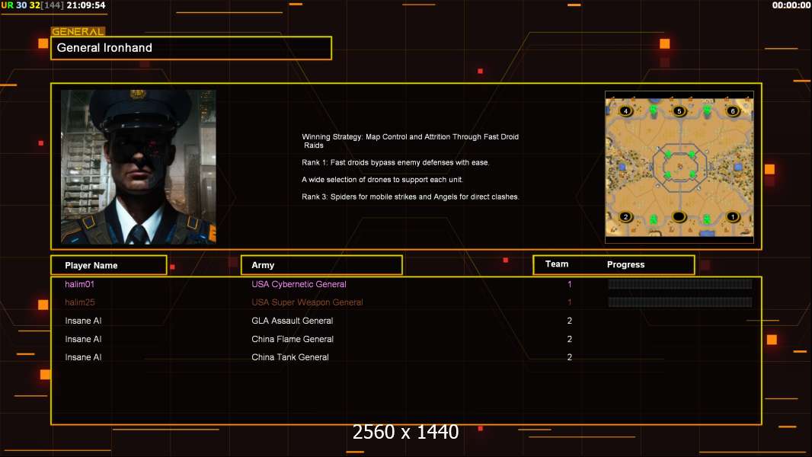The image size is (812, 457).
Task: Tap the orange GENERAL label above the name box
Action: tap(78, 32)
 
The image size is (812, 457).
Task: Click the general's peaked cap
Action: tap(138, 109)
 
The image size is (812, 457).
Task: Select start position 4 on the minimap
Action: tap(626, 111)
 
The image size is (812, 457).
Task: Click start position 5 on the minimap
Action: tap(679, 111)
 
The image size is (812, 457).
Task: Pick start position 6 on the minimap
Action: tap(733, 111)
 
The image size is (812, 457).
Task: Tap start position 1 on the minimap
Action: tap(733, 217)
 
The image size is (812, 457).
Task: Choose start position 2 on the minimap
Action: tap(626, 217)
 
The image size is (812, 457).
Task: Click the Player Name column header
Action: tap(91, 266)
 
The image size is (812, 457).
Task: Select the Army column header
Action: tap(263, 266)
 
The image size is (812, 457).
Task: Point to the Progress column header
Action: tap(625, 265)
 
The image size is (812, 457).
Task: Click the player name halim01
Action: tap(79, 284)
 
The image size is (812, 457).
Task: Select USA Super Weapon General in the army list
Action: tap(307, 302)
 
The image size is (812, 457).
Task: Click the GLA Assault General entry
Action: tap(292, 321)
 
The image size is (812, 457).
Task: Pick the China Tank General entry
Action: tap(290, 357)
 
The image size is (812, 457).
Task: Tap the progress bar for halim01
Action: tap(679, 284)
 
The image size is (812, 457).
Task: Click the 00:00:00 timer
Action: tap(791, 5)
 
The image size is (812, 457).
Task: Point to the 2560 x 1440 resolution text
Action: tap(405, 433)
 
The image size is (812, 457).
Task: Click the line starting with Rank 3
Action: tap(410, 197)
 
